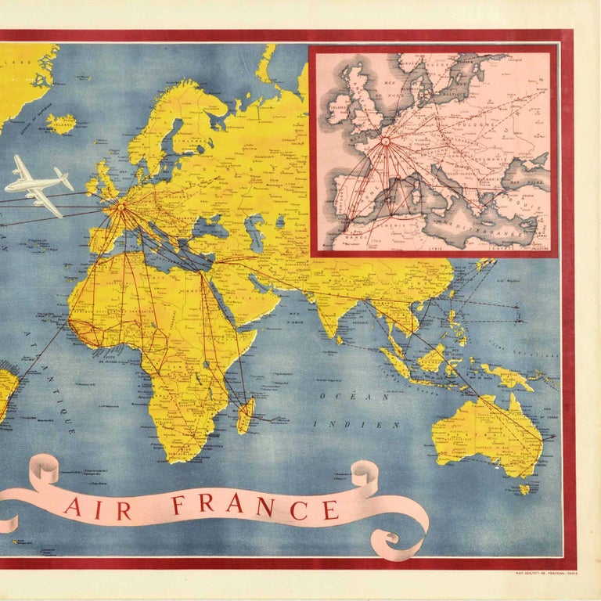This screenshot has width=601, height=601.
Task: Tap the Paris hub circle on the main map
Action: coord(121,208)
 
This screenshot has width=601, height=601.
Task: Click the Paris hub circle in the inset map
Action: coord(385,142)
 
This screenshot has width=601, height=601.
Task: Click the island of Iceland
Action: coord(62,123)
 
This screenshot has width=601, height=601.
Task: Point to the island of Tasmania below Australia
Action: coord(524,489)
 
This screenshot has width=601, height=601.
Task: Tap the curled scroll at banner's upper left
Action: coord(45,470)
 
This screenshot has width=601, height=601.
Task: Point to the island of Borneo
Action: coord(433,358)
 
